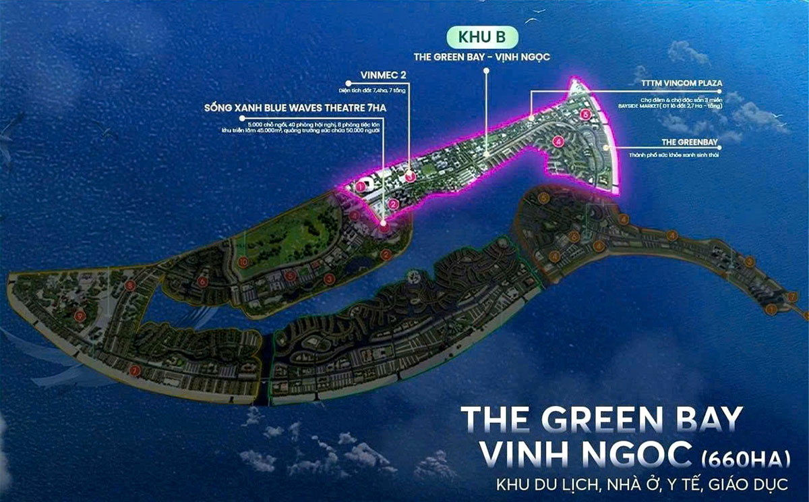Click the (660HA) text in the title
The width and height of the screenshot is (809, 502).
pos(741,462)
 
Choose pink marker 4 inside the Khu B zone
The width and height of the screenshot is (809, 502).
pos(557,142)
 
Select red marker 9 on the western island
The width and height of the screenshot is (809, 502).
pos(80,314)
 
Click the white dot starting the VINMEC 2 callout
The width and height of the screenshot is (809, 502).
pos(349,83)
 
